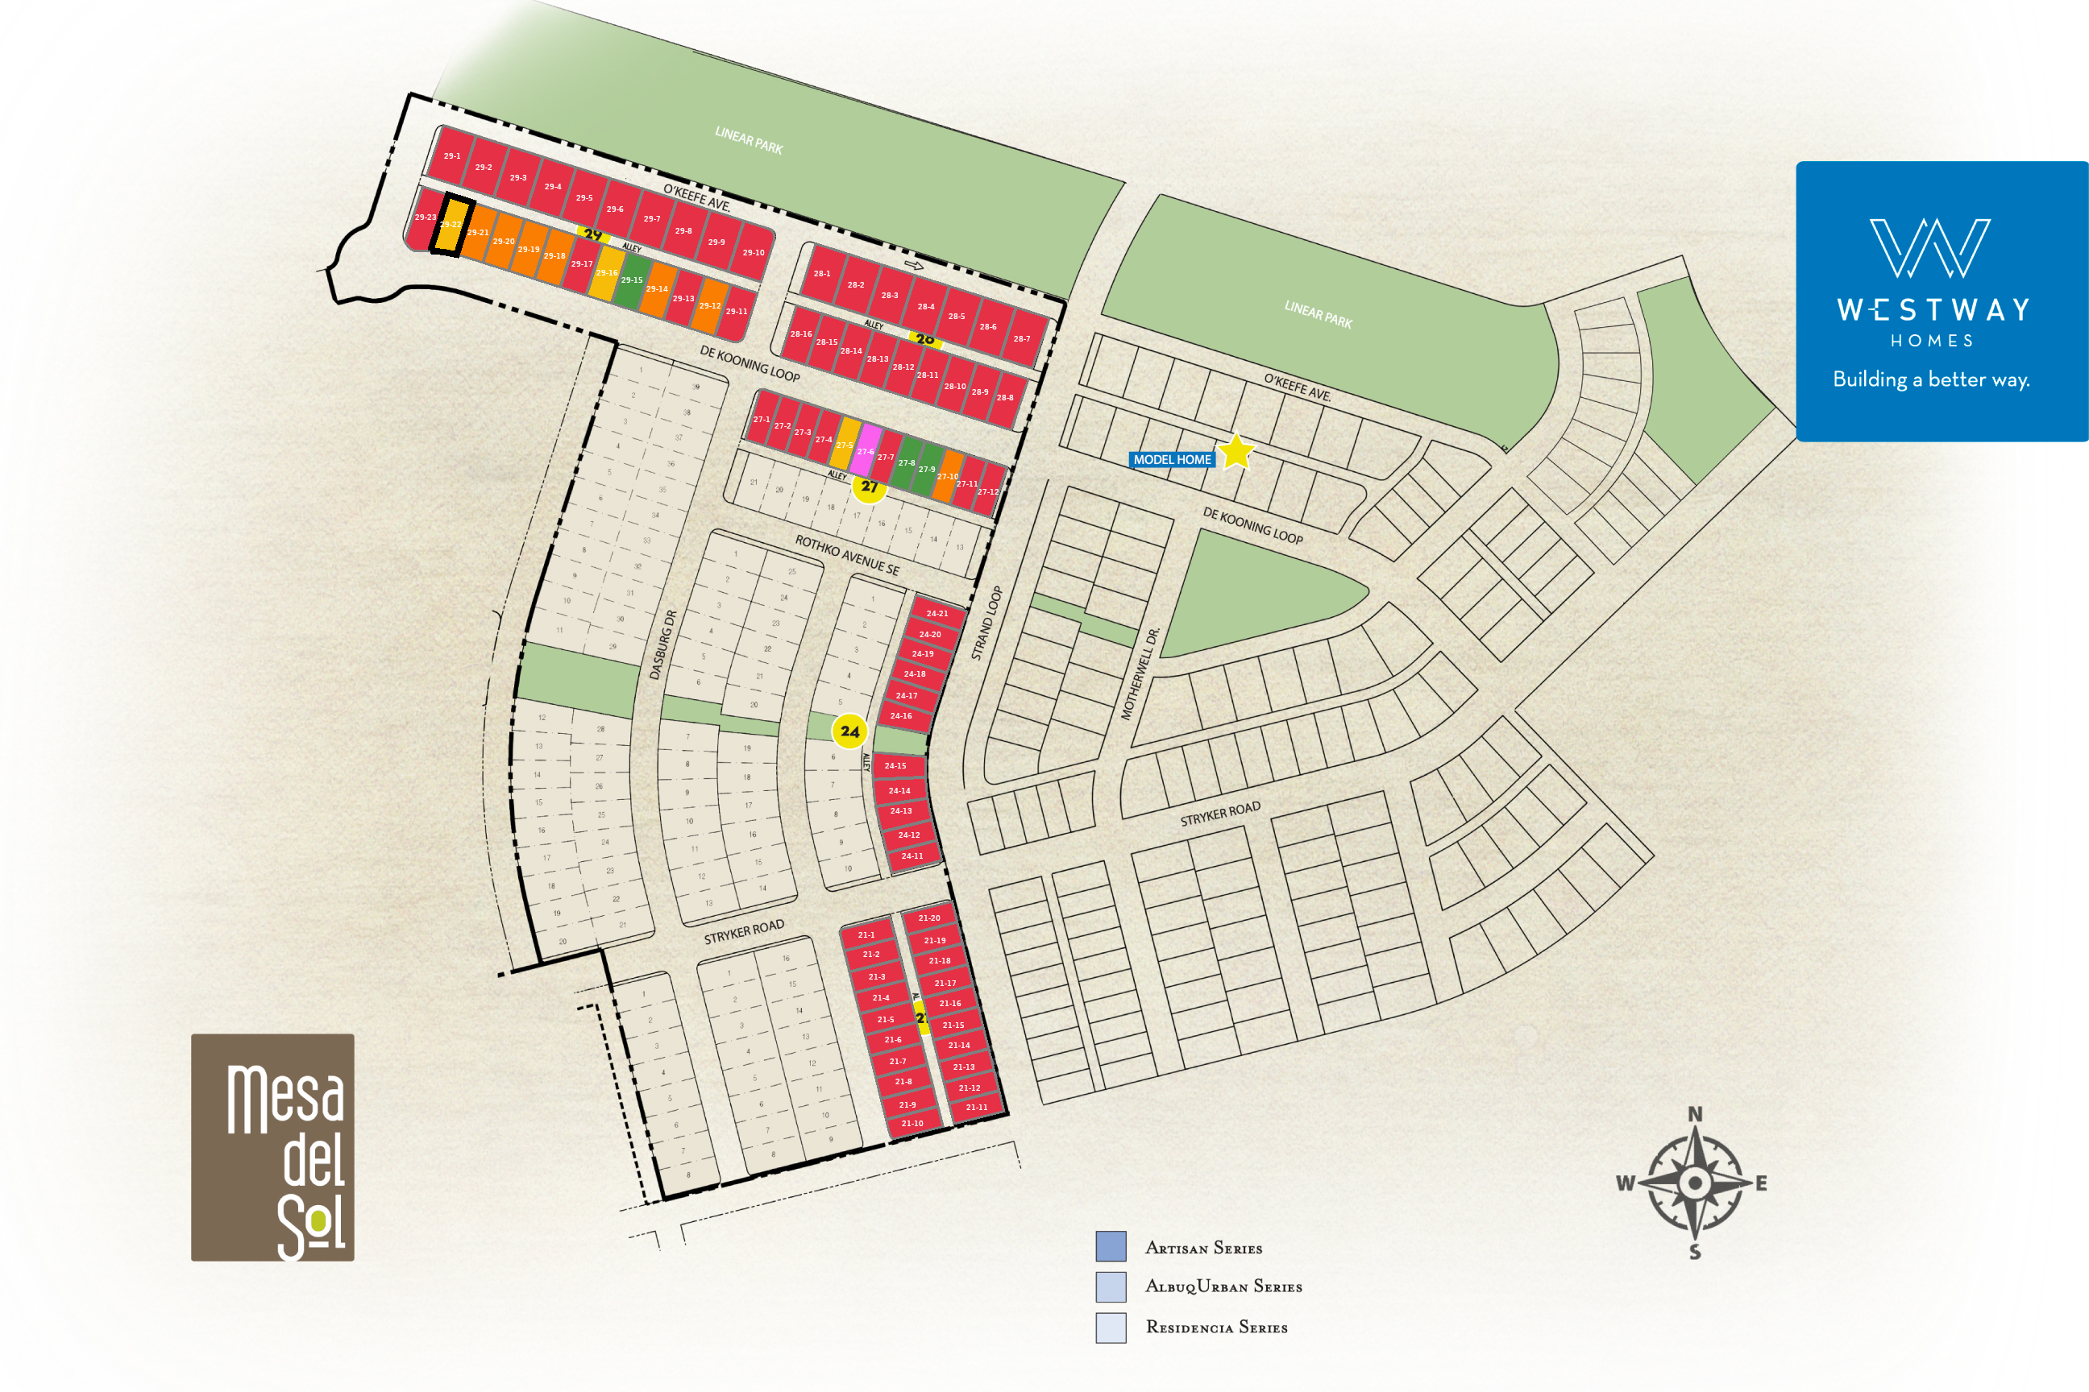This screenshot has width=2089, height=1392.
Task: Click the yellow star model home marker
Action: coord(1236,452)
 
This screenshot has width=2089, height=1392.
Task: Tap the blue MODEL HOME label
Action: coord(1172,460)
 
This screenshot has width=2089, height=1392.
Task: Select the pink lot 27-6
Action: coord(866,450)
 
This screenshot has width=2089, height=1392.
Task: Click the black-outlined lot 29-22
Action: coord(452,226)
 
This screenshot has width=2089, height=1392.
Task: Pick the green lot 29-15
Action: coord(632,280)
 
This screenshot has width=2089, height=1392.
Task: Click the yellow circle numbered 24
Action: coord(850,731)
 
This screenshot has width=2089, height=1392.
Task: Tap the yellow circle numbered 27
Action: coord(870,487)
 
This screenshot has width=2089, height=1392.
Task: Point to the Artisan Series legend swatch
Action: coord(1111,1246)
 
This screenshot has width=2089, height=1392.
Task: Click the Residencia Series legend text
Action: coord(1216,1328)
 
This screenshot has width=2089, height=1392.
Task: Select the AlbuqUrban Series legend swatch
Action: coord(1111,1286)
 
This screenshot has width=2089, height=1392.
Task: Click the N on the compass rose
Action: coord(1695,1114)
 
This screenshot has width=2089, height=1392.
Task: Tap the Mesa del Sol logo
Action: coord(272,1147)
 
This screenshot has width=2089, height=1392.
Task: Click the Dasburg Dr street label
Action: coord(662,644)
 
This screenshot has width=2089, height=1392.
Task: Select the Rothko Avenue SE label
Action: coord(846,556)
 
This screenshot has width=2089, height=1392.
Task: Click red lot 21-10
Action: coord(912,1124)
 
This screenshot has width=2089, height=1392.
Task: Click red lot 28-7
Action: coord(1022,339)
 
